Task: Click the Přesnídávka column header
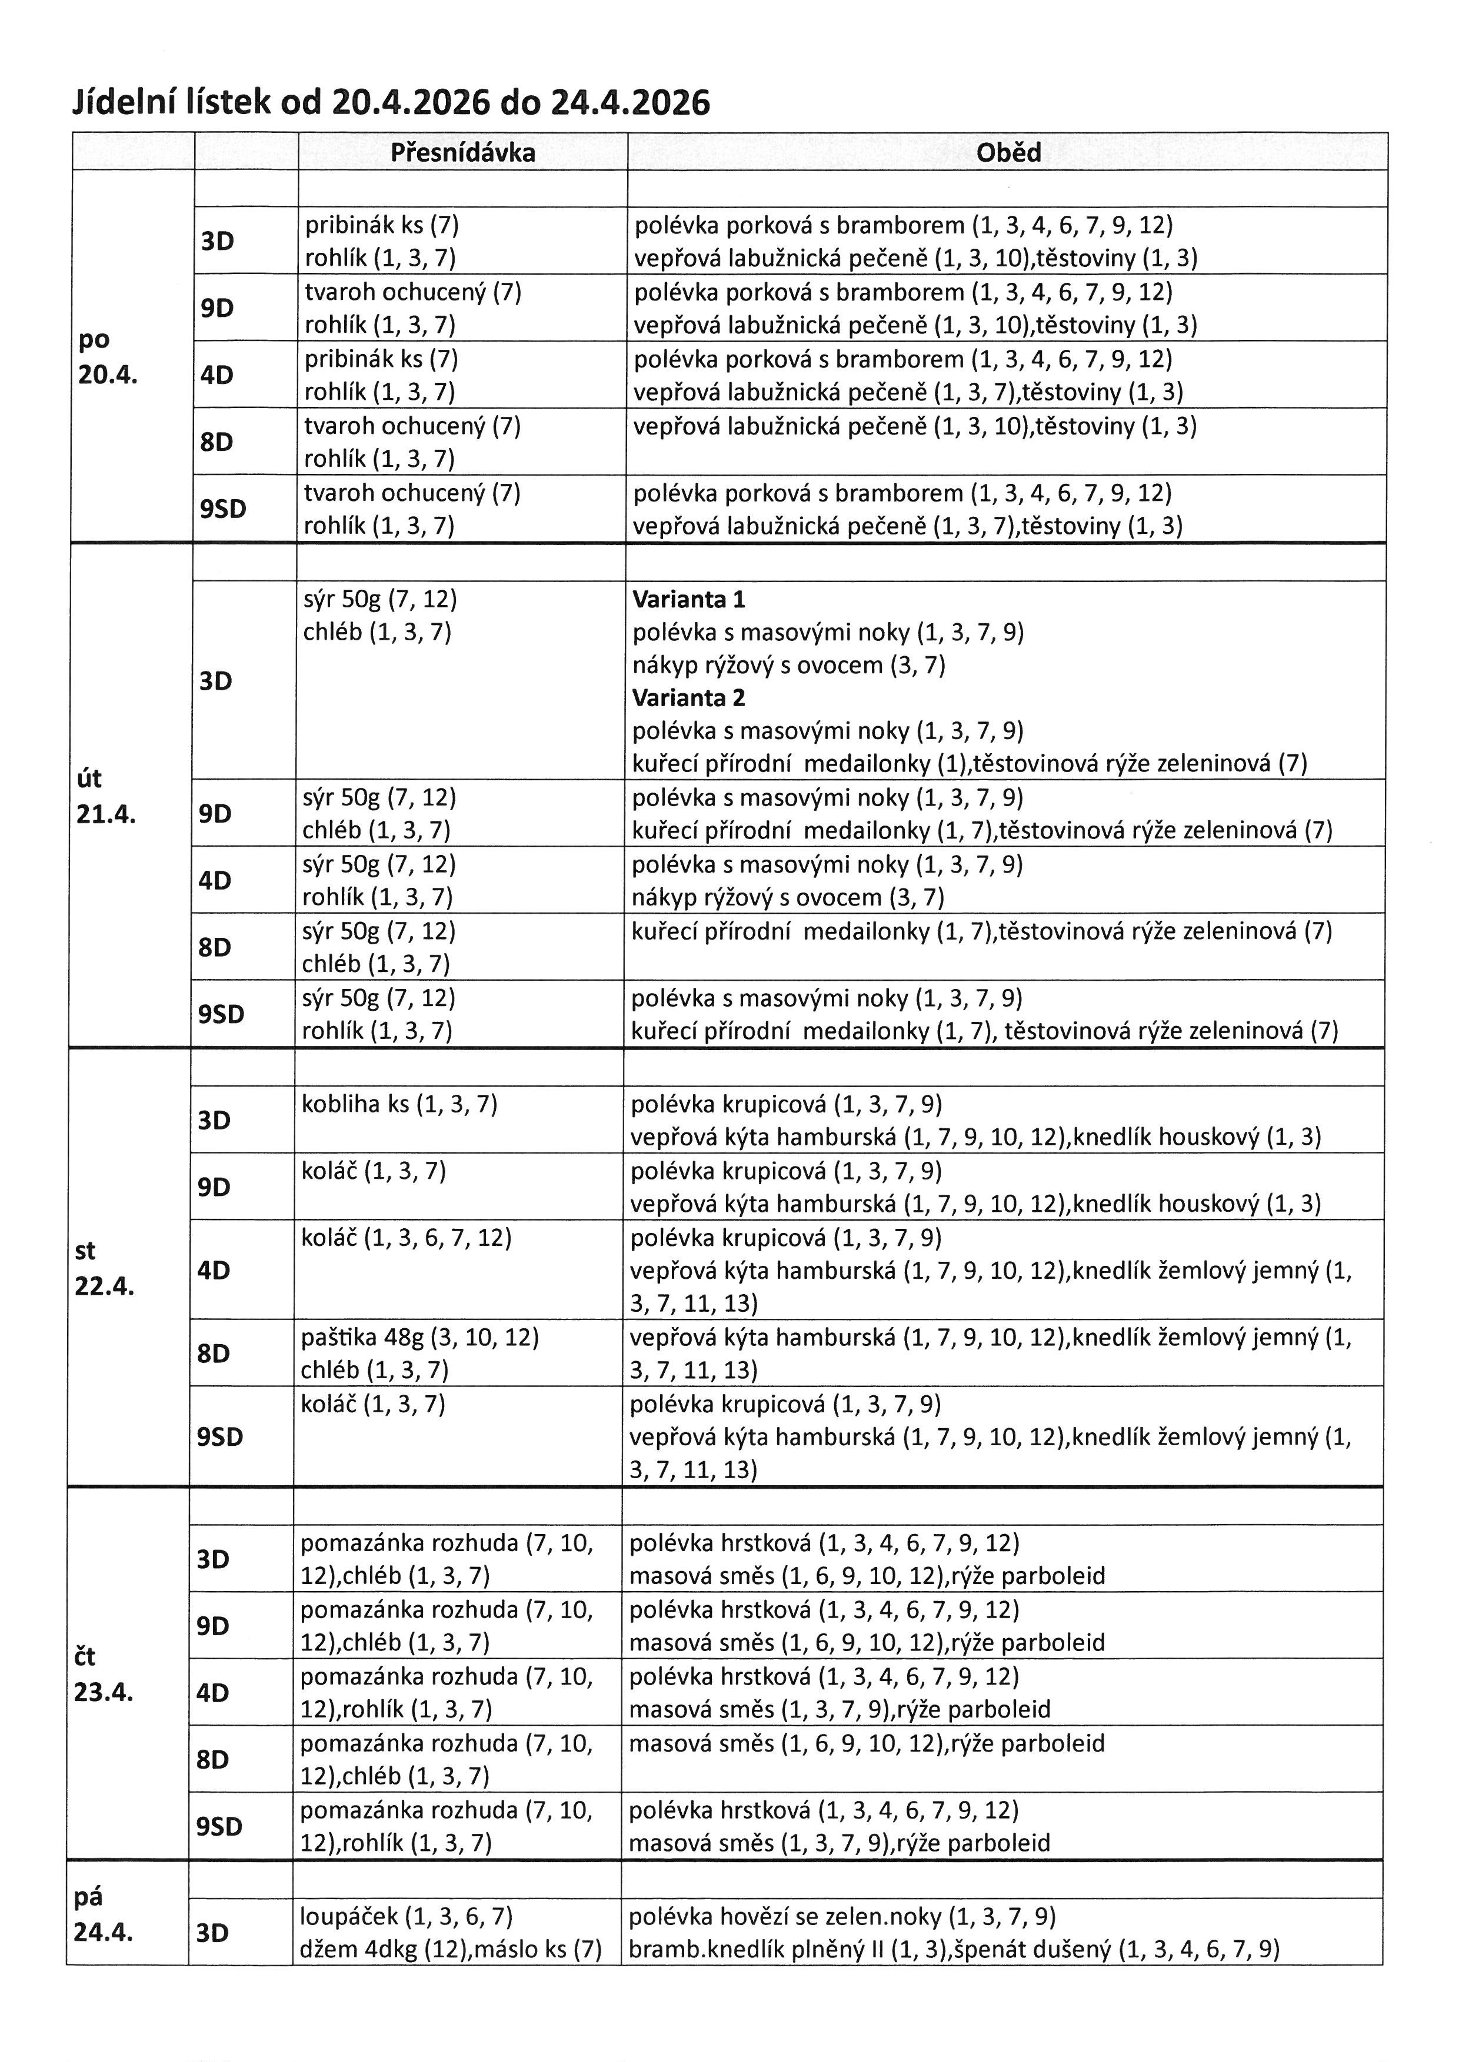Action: [462, 153]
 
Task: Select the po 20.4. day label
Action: [107, 356]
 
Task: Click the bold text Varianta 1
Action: [688, 599]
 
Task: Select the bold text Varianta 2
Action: [688, 698]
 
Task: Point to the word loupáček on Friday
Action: [349, 1917]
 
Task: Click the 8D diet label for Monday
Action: [216, 442]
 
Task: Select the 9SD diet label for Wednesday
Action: [220, 1437]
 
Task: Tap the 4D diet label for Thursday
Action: [213, 1692]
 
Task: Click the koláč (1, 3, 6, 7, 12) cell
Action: [406, 1238]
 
